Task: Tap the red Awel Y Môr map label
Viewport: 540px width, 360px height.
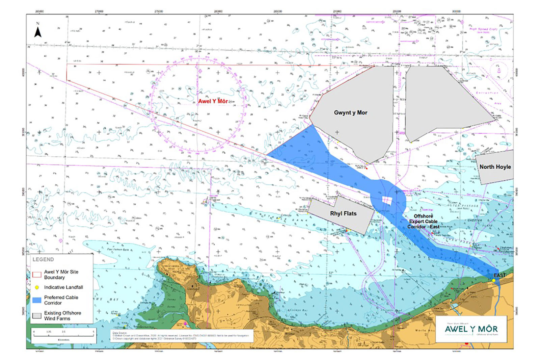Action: point(213,101)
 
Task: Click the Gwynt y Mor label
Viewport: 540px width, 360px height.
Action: point(350,112)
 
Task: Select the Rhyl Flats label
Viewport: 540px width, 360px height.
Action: point(343,213)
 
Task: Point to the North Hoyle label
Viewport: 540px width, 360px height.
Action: point(495,167)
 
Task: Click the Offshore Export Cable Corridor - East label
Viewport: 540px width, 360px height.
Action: point(423,221)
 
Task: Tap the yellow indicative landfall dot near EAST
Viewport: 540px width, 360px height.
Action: point(493,280)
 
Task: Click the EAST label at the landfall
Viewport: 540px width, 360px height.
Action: point(500,275)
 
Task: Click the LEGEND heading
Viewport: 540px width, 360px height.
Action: point(43,259)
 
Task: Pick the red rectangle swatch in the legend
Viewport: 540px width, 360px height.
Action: point(37,274)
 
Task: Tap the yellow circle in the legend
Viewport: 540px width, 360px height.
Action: point(37,287)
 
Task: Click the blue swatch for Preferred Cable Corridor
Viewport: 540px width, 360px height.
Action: point(37,300)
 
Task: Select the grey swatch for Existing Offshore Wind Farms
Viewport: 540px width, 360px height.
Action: point(37,315)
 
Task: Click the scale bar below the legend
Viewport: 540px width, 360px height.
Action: point(63,335)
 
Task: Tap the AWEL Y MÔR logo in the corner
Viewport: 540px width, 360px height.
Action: point(471,329)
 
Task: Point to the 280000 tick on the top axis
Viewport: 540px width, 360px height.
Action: point(218,11)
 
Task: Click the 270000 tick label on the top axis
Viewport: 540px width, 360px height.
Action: point(99,11)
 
